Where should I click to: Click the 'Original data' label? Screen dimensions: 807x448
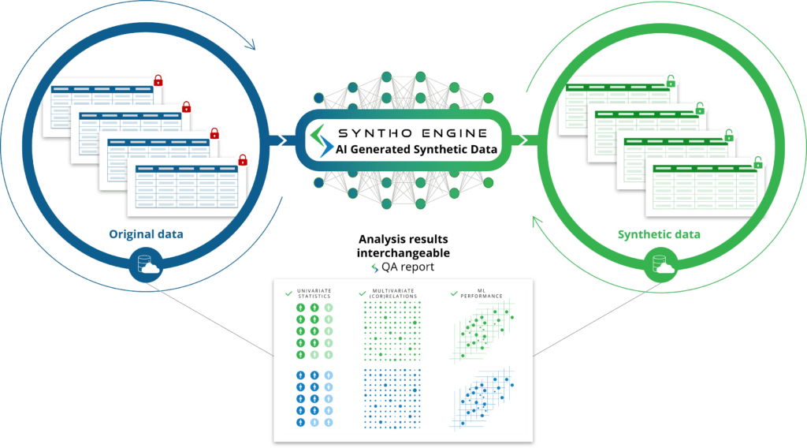pyautogui.click(x=146, y=234)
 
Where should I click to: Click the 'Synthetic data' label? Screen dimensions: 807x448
pyautogui.click(x=659, y=235)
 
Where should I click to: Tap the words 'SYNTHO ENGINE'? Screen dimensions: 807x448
pyautogui.click(x=412, y=133)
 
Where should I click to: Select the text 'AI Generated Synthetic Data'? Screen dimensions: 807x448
pyautogui.click(x=416, y=149)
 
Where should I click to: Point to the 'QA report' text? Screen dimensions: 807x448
pyautogui.click(x=407, y=267)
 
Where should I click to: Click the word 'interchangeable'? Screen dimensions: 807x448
pyautogui.click(x=403, y=253)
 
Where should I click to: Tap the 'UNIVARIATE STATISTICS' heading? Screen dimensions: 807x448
pyautogui.click(x=314, y=293)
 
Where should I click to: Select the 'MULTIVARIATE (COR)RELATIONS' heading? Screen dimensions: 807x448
pyautogui.click(x=393, y=293)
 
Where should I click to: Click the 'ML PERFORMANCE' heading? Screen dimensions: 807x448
pyautogui.click(x=482, y=293)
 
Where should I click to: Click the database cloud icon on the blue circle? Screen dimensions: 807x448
pyautogui.click(x=146, y=264)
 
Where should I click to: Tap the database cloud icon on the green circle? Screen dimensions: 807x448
pyautogui.click(x=661, y=264)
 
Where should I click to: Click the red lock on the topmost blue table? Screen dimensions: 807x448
pyautogui.click(x=158, y=80)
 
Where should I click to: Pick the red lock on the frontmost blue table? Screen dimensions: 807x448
pyautogui.click(x=243, y=160)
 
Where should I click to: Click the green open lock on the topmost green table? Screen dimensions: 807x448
pyautogui.click(x=671, y=81)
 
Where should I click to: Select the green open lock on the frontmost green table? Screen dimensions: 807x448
pyautogui.click(x=757, y=162)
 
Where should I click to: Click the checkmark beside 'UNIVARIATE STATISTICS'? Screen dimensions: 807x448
pyautogui.click(x=288, y=293)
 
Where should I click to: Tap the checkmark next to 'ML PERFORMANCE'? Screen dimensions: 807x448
pyautogui.click(x=454, y=293)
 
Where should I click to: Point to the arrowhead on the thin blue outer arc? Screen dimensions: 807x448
pyautogui.click(x=250, y=45)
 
